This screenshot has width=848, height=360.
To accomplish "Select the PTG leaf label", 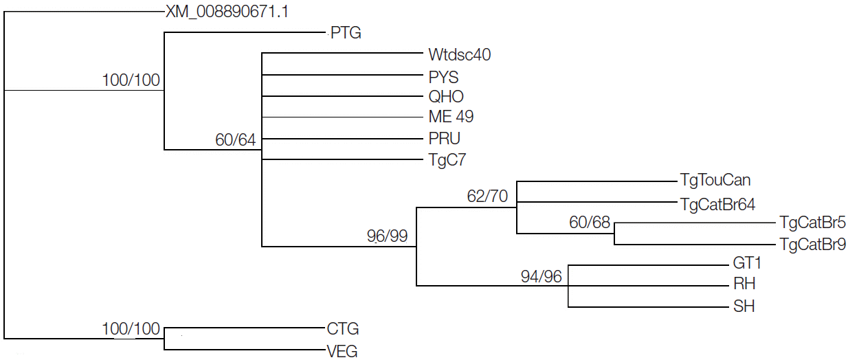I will coord(346,33).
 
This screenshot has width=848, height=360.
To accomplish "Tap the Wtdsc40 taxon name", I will coord(459,54).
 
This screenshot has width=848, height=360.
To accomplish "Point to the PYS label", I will coord(443,76).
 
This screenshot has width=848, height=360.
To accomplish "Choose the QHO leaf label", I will coord(446,97).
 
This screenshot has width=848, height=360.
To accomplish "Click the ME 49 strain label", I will coord(451,117).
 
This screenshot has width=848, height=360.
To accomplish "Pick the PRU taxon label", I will coord(444,138).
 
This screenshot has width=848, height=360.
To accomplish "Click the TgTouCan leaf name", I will coord(715,181).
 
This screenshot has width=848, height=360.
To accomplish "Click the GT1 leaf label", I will coord(748,264).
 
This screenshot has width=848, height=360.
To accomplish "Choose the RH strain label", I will coord(745,284).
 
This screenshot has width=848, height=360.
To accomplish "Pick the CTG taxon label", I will coord(343,329).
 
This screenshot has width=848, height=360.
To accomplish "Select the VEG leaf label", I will coord(342,352).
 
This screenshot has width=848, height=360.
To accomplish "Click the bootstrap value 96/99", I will coord(388,237).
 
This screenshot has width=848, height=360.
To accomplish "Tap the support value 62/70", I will coord(487,196).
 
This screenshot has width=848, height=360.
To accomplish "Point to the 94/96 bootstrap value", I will coord(541,276).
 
